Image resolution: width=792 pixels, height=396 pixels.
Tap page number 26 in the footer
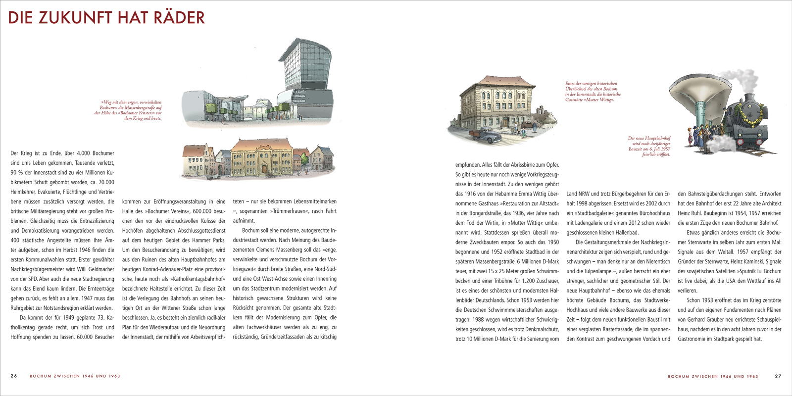click(x=14, y=376)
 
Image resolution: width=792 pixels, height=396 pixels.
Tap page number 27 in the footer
click(x=778, y=376)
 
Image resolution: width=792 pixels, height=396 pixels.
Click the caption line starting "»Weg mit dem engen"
click(x=131, y=102)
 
